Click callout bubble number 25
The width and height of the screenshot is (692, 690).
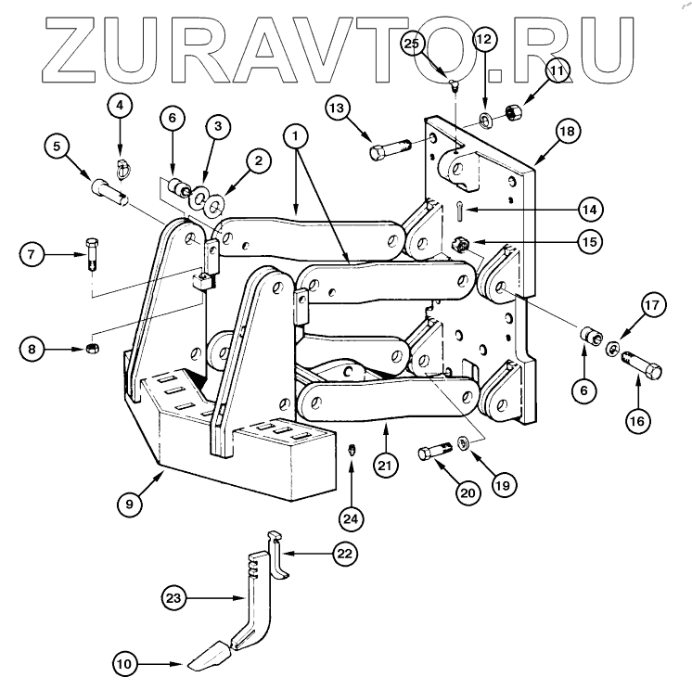pyautogui.click(x=414, y=44)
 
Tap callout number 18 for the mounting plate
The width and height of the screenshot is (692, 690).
pyautogui.click(x=567, y=132)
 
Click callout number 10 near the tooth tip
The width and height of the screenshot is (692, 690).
pyautogui.click(x=125, y=663)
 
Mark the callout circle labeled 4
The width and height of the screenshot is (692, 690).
pyautogui.click(x=120, y=107)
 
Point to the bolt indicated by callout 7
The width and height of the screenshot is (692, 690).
pyautogui.click(x=91, y=251)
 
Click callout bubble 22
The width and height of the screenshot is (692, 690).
pyautogui.click(x=344, y=554)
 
